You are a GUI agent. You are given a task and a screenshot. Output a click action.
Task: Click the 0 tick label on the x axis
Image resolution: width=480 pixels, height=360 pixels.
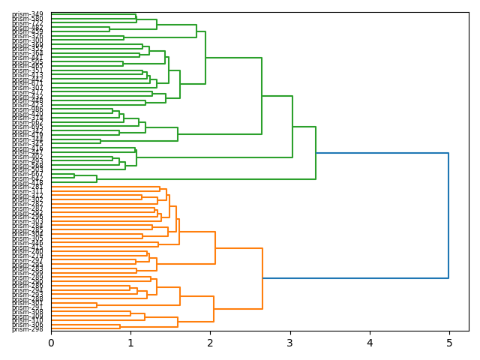[x=51, y=343]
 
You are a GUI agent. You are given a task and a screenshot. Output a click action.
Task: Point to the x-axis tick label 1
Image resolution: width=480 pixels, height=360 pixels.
[x=130, y=343]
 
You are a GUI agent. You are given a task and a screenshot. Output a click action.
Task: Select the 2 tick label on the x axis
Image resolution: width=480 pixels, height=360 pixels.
[x=210, y=343]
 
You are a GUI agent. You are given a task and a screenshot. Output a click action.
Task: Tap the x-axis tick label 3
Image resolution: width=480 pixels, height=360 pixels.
[x=290, y=343]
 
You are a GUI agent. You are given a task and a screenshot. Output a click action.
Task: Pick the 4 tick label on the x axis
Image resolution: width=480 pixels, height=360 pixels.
[x=370, y=343]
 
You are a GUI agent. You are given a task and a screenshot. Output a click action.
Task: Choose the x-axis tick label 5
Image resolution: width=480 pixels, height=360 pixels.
[x=449, y=343]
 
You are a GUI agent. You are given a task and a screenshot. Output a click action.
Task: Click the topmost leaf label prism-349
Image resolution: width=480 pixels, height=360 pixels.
[x=27, y=14]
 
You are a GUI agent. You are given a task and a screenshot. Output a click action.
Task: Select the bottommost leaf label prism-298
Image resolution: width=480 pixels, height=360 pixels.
[x=27, y=328]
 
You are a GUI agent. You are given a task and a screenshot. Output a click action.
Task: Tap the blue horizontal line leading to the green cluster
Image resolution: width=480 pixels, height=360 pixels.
[x=382, y=153]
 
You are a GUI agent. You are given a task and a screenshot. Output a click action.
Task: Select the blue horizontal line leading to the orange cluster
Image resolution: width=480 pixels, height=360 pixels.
[x=355, y=278]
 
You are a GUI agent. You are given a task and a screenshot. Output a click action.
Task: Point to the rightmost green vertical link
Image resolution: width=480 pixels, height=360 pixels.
[x=316, y=153]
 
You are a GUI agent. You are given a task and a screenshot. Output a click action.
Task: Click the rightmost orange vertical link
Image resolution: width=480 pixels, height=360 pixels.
[x=262, y=278]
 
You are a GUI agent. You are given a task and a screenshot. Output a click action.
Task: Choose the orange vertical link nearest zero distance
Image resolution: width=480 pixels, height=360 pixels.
[x=97, y=304]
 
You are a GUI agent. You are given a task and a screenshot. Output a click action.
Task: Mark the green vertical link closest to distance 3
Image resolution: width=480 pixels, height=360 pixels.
[x=292, y=127]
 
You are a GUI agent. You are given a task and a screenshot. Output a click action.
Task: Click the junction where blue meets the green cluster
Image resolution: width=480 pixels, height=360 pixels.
[x=316, y=153]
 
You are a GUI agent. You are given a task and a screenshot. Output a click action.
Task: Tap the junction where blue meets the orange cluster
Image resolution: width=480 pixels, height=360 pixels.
[x=262, y=278]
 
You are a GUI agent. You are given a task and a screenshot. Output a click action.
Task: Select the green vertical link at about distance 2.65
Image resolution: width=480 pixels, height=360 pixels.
[x=262, y=96]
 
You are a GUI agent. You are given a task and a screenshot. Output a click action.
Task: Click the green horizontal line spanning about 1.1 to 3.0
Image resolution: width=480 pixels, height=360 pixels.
[x=214, y=157]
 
